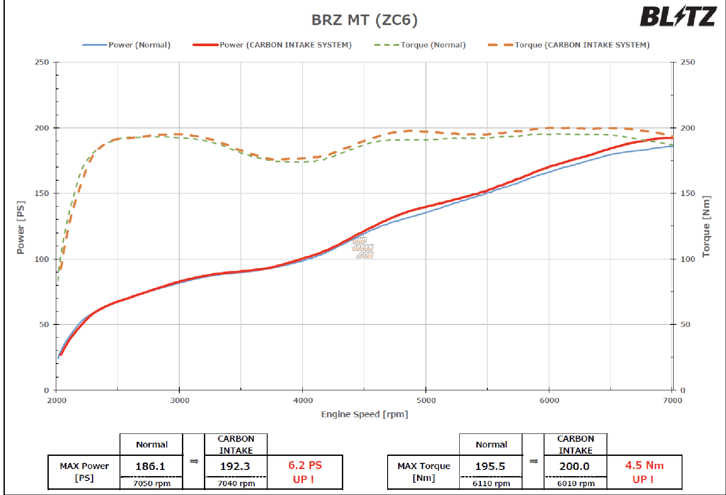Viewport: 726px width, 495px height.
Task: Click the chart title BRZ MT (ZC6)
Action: click(364, 20)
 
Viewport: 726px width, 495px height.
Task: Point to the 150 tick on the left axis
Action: click(42, 193)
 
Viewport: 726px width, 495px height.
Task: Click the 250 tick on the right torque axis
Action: click(687, 62)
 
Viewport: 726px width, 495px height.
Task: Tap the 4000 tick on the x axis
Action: click(303, 400)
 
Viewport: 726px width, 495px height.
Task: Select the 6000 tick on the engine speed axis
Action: click(549, 400)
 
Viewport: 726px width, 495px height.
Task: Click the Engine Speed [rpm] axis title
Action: click(364, 414)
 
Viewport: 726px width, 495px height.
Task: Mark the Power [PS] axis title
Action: click(21, 227)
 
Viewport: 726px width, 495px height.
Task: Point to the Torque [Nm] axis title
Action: click(706, 226)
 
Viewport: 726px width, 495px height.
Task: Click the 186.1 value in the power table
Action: click(150, 466)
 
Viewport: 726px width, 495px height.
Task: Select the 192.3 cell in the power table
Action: click(235, 466)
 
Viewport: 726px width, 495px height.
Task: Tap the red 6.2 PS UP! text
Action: click(305, 472)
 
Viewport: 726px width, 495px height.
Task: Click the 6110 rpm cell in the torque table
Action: click(491, 483)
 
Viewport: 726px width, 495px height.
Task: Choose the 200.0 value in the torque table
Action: click(574, 466)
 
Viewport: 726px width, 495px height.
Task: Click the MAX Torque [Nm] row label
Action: click(424, 472)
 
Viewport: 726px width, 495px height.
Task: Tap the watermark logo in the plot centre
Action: click(363, 247)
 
